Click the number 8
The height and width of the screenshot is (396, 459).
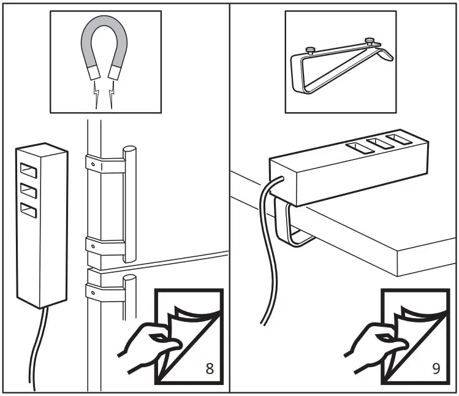209,368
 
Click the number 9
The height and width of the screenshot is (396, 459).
436,368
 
